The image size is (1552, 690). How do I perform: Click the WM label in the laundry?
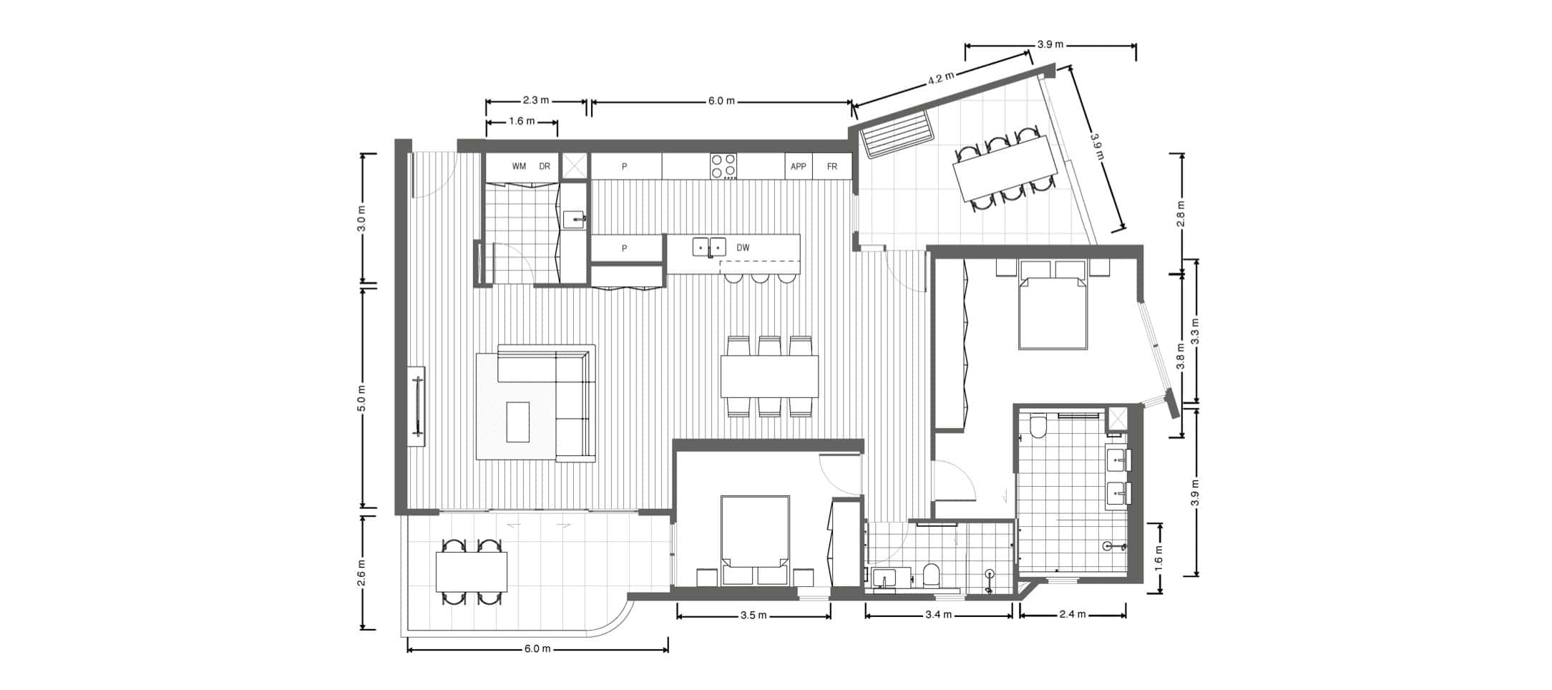[519, 167]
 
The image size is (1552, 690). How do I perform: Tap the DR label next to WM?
[545, 167]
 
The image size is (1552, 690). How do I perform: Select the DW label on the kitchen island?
[743, 248]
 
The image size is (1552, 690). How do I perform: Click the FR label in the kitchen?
[832, 167]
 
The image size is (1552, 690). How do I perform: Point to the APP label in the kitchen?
[799, 167]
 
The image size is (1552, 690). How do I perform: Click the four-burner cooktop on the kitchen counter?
[723, 165]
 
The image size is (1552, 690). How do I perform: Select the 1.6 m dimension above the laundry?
[522, 122]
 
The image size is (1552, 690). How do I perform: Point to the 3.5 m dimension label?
[753, 616]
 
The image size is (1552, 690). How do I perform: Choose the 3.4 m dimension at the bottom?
[938, 615]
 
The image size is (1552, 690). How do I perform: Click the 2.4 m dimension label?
[1073, 614]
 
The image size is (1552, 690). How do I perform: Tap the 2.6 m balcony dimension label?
[361, 573]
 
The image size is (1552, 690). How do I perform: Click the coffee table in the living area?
[518, 422]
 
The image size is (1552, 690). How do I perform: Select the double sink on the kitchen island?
[709, 247]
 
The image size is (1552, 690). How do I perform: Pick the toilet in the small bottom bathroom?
[931, 575]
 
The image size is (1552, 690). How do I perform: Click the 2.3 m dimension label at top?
[536, 101]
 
